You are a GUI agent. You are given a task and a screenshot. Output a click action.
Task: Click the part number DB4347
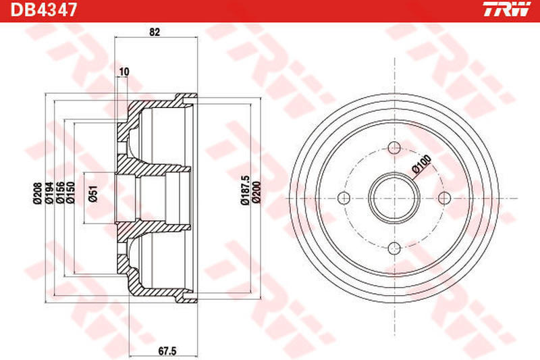tap(43, 9)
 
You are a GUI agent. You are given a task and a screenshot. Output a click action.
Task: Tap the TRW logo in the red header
tap(508, 9)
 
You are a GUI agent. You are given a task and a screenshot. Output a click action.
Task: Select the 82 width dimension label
tap(155, 32)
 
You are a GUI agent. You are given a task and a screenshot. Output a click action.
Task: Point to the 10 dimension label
tap(124, 72)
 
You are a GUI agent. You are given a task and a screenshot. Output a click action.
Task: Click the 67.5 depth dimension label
tap(167, 351)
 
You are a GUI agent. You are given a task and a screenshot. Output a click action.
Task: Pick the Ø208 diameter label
tap(38, 193)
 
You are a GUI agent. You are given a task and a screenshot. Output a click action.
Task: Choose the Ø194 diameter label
tap(49, 193)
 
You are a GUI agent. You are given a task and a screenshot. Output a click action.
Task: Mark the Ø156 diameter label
tap(60, 193)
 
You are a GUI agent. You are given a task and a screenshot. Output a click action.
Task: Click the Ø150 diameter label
tap(71, 193)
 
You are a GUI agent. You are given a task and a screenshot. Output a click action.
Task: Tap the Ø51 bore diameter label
tap(93, 194)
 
